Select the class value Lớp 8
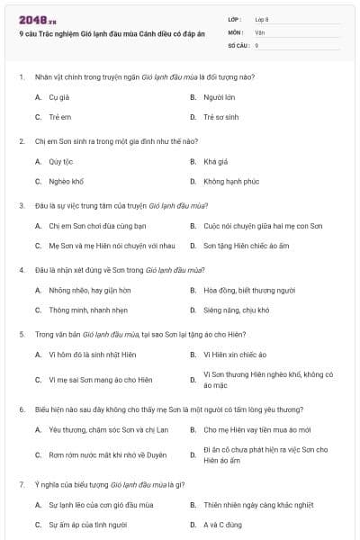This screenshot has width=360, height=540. click(262, 19)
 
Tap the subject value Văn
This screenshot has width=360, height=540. click(260, 31)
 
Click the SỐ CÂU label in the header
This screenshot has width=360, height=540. click(237, 44)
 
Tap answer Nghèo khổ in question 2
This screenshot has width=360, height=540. click(66, 182)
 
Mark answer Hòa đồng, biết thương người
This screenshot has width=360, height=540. click(249, 290)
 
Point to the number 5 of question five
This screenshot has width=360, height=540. click(21, 334)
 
